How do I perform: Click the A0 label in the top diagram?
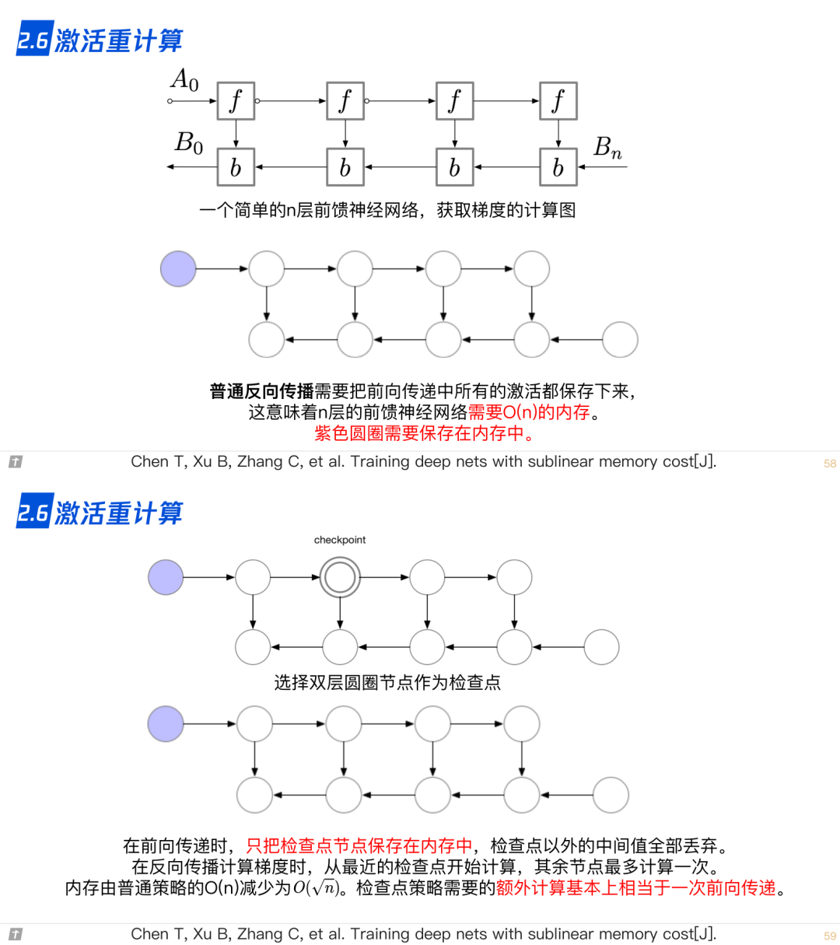(185, 80)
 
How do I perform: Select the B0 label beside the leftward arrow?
(189, 143)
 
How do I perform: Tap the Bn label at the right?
(607, 147)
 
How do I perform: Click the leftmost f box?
(236, 101)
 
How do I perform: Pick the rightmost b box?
(558, 167)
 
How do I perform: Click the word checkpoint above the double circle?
(340, 540)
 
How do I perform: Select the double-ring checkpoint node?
(340, 578)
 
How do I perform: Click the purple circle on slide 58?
(178, 269)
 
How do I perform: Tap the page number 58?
(830, 464)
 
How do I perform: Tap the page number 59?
(830, 936)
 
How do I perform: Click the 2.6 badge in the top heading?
(34, 40)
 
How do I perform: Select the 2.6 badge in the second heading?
(34, 513)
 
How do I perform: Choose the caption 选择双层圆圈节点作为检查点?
(387, 683)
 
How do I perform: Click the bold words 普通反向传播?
(261, 391)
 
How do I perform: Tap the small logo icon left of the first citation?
(16, 462)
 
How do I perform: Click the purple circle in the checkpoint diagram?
(166, 578)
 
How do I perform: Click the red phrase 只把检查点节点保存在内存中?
(359, 845)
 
